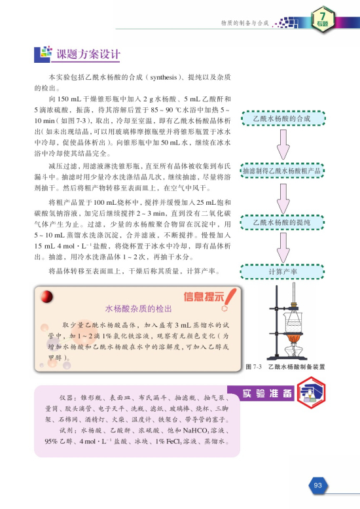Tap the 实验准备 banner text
[268, 394]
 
